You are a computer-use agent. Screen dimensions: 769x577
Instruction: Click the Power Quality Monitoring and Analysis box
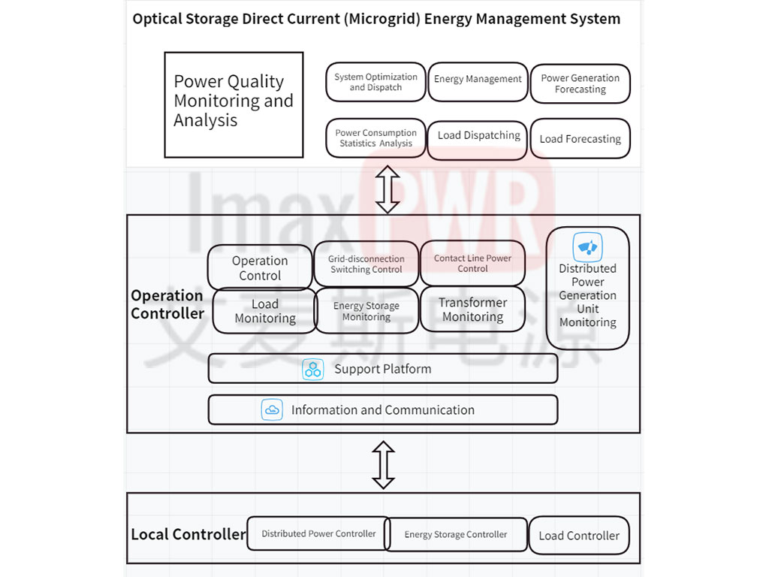pyautogui.click(x=234, y=104)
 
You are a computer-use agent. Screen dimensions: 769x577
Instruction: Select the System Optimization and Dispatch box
pyautogui.click(x=375, y=82)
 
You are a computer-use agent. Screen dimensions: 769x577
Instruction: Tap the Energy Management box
pyautogui.click(x=478, y=82)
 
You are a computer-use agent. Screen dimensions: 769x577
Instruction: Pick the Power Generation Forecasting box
pyautogui.click(x=581, y=83)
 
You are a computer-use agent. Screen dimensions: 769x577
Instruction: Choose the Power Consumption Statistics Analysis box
pyautogui.click(x=375, y=138)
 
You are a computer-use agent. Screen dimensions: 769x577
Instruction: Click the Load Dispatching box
pyautogui.click(x=478, y=140)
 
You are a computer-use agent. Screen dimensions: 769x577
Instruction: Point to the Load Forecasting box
pyautogui.click(x=581, y=139)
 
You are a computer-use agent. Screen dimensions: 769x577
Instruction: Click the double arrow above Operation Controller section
pyautogui.click(x=388, y=189)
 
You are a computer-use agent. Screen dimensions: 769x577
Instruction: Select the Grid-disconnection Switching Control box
pyautogui.click(x=366, y=264)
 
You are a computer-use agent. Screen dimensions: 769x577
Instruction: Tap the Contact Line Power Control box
pyautogui.click(x=473, y=263)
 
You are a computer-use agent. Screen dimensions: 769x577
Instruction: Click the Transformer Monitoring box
pyautogui.click(x=473, y=309)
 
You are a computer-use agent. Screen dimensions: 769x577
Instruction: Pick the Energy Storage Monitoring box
pyautogui.click(x=366, y=311)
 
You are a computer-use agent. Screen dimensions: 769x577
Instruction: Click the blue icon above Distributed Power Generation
pyautogui.click(x=587, y=246)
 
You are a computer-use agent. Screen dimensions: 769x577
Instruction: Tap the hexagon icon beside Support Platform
pyautogui.click(x=313, y=370)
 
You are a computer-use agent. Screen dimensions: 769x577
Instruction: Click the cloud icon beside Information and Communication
pyautogui.click(x=272, y=409)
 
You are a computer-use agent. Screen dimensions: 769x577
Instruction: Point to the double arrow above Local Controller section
pyautogui.click(x=384, y=465)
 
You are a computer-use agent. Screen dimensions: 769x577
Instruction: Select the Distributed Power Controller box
pyautogui.click(x=318, y=533)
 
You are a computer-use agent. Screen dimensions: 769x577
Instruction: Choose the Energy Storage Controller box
pyautogui.click(x=456, y=535)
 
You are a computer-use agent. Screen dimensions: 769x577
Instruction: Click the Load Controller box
pyautogui.click(x=579, y=535)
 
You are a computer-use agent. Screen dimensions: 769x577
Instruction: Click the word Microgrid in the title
pyautogui.click(x=382, y=19)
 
